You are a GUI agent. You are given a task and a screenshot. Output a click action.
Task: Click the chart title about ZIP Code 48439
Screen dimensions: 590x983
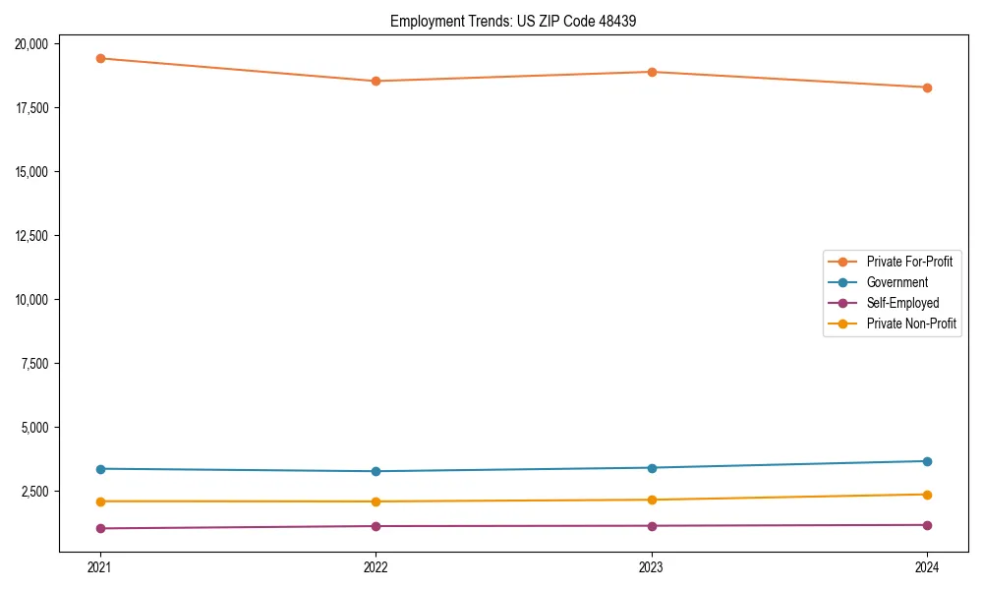[513, 21]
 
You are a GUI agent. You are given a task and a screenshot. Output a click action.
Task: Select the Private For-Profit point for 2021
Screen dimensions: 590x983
[99, 58]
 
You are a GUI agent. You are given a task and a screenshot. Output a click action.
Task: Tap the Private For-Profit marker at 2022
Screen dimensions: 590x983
[376, 81]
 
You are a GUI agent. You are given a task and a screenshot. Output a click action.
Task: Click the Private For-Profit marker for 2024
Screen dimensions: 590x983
[927, 88]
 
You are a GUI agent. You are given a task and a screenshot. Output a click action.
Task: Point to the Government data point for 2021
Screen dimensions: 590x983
[99, 469]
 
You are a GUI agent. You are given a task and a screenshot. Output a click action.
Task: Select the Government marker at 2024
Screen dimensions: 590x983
[927, 461]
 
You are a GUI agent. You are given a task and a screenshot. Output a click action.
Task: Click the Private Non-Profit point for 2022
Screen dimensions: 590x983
[376, 501]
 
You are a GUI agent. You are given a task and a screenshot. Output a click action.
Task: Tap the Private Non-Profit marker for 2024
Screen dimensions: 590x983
[927, 495]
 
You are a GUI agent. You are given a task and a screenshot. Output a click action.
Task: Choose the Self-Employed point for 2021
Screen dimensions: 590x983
[99, 528]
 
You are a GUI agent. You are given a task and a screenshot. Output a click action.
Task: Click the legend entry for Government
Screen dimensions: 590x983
[896, 282]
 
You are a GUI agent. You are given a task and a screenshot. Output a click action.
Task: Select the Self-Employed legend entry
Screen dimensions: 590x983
[902, 303]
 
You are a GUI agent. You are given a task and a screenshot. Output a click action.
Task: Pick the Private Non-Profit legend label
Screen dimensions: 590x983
[911, 324]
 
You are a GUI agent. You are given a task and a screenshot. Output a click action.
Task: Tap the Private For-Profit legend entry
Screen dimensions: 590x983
[909, 262]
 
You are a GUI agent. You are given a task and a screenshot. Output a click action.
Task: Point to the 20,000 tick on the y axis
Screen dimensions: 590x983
[34, 43]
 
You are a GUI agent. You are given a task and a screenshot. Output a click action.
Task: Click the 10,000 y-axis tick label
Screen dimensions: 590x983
[34, 299]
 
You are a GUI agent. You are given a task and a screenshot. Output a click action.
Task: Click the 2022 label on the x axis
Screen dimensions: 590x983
[376, 566]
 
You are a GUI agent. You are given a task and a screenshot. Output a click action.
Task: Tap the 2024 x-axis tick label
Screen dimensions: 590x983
[927, 566]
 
